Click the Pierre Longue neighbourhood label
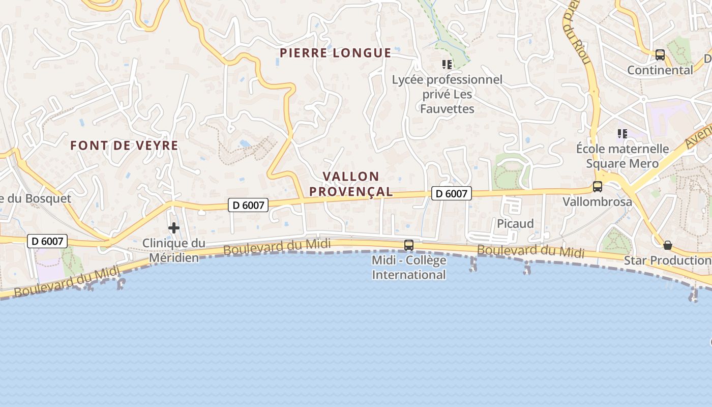[x=335, y=53]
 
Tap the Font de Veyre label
[x=124, y=146]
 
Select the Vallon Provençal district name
[x=351, y=184]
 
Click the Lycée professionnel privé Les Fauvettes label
[x=447, y=94]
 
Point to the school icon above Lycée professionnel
[x=447, y=65]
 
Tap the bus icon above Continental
[x=660, y=55]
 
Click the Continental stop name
[x=660, y=70]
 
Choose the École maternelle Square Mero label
[x=622, y=156]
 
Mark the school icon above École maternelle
[x=622, y=134]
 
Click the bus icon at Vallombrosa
[x=598, y=187]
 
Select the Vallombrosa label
[x=597, y=202]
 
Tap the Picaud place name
[x=515, y=223]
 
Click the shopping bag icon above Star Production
[x=668, y=245]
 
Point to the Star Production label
[x=667, y=260]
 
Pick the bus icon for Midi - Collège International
[x=409, y=245]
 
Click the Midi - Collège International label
[x=409, y=268]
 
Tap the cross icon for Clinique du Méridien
[x=174, y=227]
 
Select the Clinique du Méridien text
[x=173, y=250]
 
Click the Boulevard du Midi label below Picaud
[x=530, y=251]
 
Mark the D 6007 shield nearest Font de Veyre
[x=248, y=205]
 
